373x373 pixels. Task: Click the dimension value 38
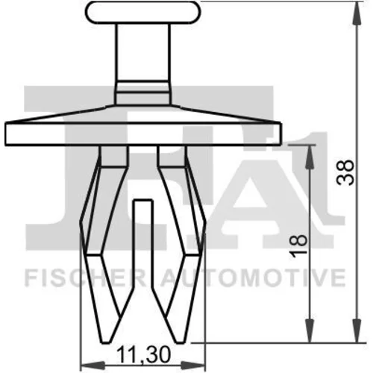pos(345,172)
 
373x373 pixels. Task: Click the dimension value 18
pos(298,245)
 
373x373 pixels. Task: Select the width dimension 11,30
pos(143,355)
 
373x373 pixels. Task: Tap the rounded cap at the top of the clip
pos(142,13)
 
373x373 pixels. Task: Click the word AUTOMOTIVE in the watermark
pos(253,278)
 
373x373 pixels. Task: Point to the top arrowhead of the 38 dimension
pos(357,13)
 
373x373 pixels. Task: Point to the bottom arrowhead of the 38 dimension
pos(357,330)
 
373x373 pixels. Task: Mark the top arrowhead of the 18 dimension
pos(309,157)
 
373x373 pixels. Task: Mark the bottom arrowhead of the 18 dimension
pos(309,330)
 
